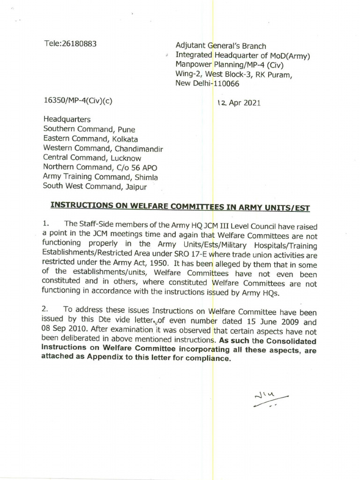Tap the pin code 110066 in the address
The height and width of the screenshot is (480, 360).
[x=226, y=84]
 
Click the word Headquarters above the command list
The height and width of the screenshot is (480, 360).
[x=67, y=120]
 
